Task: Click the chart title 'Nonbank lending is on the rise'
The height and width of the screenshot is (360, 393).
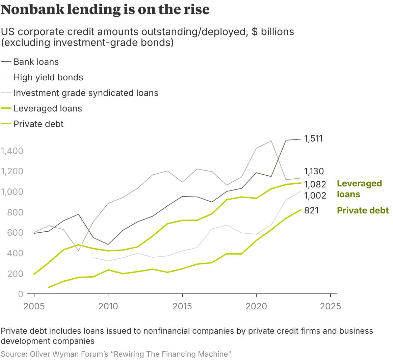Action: (x=105, y=9)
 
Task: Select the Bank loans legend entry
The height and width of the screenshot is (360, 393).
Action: (x=36, y=62)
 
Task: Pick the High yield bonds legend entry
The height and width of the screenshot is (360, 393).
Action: (x=48, y=77)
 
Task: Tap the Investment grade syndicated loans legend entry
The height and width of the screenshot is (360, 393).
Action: (x=86, y=93)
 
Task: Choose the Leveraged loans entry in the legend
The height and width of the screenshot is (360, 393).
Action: (x=48, y=108)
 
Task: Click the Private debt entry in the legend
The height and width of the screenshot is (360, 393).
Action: (x=38, y=124)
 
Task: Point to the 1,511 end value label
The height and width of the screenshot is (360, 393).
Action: (x=313, y=138)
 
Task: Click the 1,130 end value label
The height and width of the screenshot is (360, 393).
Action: (x=314, y=171)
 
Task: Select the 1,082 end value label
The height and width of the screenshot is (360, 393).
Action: (x=315, y=184)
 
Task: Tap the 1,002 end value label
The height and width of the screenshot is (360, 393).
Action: (x=315, y=196)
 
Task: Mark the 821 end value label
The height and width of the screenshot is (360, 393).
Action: (x=311, y=210)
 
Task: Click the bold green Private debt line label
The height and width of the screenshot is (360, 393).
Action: (x=363, y=210)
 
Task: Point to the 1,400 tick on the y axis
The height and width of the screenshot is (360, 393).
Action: (x=12, y=151)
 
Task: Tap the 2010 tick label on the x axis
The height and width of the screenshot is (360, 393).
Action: (x=108, y=306)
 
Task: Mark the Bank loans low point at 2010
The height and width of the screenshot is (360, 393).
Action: (x=108, y=244)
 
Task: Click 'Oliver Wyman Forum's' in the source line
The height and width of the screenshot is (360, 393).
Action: (x=69, y=354)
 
